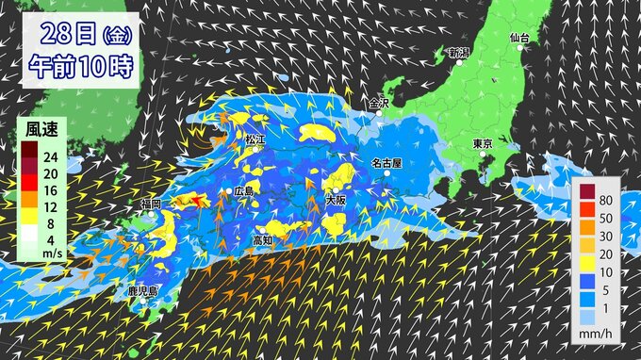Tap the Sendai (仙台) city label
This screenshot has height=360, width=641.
519,38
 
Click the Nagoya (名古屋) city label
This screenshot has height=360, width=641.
386,162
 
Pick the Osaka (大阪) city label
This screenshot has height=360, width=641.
336,200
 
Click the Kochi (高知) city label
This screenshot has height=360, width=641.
262,239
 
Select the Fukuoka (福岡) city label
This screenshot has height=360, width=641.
151,204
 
